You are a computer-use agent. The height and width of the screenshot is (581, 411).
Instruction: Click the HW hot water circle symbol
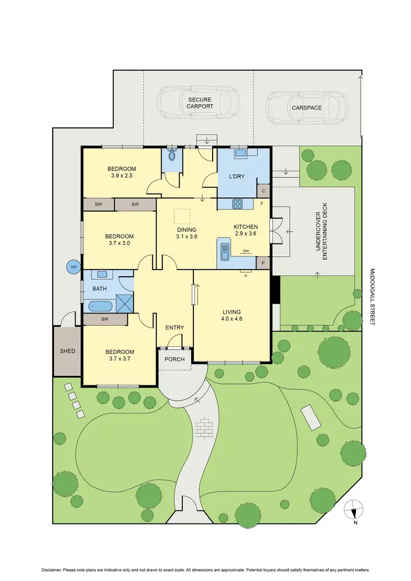pos(73,267)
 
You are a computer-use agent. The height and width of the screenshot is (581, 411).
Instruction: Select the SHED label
pos(67,351)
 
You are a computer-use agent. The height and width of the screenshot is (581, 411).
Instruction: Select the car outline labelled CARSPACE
pos(306,107)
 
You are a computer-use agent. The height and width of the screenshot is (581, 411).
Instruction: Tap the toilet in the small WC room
pos(172,155)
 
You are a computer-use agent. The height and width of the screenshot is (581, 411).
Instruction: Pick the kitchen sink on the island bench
pos(225,250)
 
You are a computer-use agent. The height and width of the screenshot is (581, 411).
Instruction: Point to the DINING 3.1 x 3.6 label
pos(186,233)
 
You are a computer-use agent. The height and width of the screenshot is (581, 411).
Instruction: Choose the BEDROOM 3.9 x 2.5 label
pos(121,172)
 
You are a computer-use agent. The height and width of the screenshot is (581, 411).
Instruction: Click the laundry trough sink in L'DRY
pos(240,152)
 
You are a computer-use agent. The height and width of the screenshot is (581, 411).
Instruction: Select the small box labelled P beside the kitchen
pos(263,263)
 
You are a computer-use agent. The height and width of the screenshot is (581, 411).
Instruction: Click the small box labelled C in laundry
pos(263,191)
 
